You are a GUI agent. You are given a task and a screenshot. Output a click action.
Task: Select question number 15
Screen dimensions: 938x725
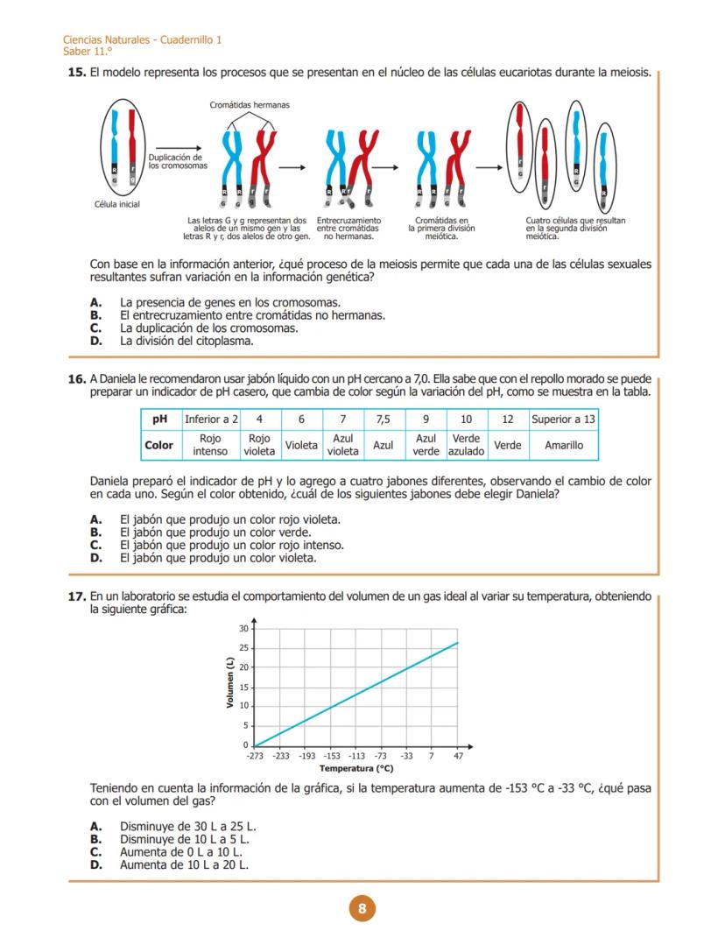point(76,73)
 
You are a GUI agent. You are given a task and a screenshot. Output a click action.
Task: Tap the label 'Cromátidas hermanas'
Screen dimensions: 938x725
point(250,105)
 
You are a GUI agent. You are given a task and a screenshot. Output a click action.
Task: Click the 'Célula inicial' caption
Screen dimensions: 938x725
point(116,204)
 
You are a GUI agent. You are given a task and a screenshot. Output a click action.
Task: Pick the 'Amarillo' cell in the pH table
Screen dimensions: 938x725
point(563,445)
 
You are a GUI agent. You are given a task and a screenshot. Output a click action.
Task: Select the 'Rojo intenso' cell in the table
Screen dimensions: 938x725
point(210,445)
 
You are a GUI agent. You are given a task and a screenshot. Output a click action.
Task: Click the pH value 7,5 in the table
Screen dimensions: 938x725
point(383,420)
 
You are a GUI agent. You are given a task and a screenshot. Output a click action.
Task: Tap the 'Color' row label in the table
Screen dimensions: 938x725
point(158,445)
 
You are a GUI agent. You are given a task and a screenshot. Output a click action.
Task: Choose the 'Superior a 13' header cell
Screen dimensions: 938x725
point(563,420)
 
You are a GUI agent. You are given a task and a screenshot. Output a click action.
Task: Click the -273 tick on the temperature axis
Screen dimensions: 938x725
point(255,756)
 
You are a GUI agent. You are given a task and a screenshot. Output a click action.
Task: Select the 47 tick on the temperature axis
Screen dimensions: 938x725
point(458,756)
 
